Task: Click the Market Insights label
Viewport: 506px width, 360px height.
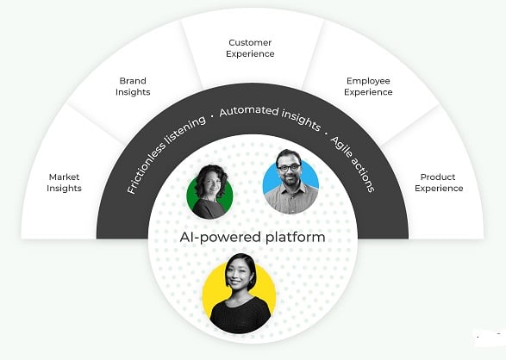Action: pyautogui.click(x=64, y=183)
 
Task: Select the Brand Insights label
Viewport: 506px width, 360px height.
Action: pyautogui.click(x=133, y=86)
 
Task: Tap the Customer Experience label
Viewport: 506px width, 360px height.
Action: pyautogui.click(x=250, y=48)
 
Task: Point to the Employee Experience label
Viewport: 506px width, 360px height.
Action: pyautogui.click(x=368, y=86)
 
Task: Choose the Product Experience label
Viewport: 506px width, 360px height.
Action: pyautogui.click(x=439, y=183)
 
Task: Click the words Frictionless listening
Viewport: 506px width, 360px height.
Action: pyautogui.click(x=166, y=154)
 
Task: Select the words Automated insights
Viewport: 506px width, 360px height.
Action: pyautogui.click(x=270, y=118)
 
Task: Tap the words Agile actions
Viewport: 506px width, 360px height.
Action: pyautogui.click(x=353, y=164)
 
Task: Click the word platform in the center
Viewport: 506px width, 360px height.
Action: pyautogui.click(x=296, y=238)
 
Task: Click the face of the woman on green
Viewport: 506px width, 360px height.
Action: pyautogui.click(x=211, y=184)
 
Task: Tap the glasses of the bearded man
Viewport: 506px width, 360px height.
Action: pyautogui.click(x=288, y=168)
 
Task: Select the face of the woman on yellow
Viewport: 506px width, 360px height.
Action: pyautogui.click(x=238, y=276)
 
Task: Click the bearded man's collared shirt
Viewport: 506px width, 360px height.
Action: pyautogui.click(x=290, y=199)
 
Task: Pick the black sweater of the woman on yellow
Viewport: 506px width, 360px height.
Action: pyautogui.click(x=241, y=314)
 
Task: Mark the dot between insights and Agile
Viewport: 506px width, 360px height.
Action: pyautogui.click(x=326, y=133)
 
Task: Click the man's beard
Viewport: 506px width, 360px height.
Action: pyautogui.click(x=290, y=179)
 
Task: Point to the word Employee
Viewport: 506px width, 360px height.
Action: pyautogui.click(x=368, y=81)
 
